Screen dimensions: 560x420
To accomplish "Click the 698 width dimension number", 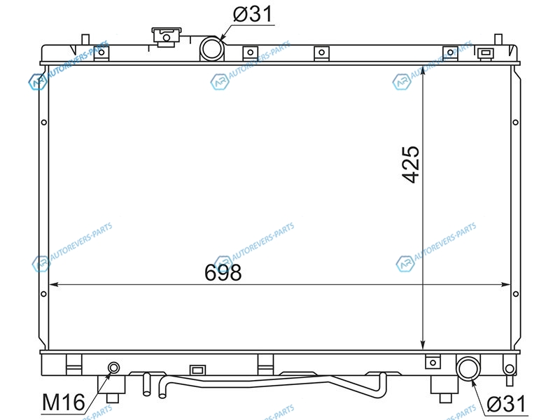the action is tap(223, 272).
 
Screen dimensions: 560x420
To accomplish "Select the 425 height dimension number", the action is tap(411, 164).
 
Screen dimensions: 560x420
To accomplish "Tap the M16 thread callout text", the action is tap(64, 402).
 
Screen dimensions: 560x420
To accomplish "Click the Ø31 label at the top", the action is tap(253, 14).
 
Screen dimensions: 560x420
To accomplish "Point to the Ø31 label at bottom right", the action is tap(506, 404).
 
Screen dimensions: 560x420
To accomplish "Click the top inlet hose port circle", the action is tap(212, 48).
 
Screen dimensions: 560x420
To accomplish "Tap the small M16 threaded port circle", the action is tap(114, 367).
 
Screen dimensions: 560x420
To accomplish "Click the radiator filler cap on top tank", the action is tap(167, 37).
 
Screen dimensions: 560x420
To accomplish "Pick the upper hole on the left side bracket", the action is tap(44, 122).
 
